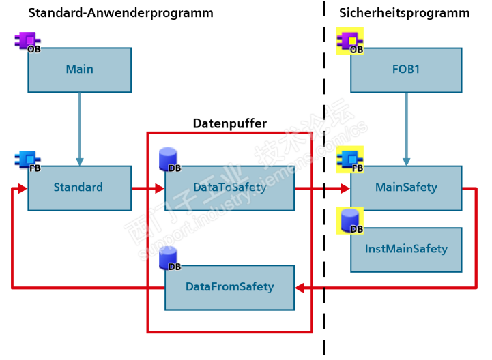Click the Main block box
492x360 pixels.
pyautogui.click(x=79, y=70)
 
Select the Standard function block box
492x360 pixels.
pyautogui.click(x=79, y=187)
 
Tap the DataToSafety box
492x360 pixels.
pyautogui.click(x=229, y=187)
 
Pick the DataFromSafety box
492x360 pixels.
pyautogui.click(x=229, y=287)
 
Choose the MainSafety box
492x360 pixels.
pyautogui.click(x=406, y=187)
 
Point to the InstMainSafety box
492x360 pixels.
pyautogui.click(x=406, y=249)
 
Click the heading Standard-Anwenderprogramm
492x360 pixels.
pyautogui.click(x=121, y=13)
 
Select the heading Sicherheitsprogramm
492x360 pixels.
pyautogui.click(x=404, y=13)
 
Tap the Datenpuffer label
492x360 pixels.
pyautogui.click(x=229, y=123)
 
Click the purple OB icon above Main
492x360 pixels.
pyautogui.click(x=28, y=42)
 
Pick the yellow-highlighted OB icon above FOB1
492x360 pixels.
pyautogui.click(x=350, y=41)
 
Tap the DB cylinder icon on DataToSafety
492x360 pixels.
pyautogui.click(x=169, y=161)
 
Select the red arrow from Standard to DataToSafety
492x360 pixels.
pyautogui.click(x=147, y=188)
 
